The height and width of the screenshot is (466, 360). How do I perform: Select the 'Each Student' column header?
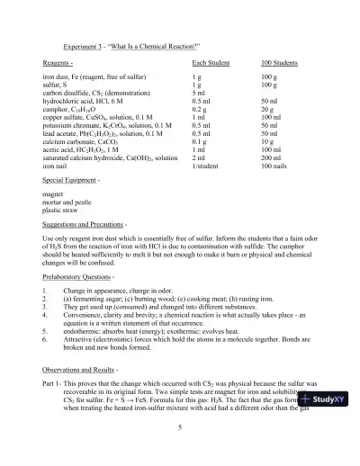(x=211, y=63)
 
